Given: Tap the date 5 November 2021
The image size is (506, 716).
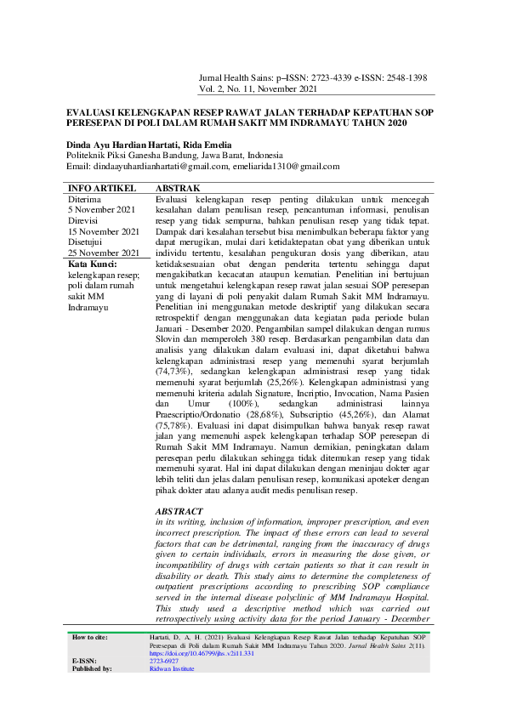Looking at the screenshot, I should (x=101, y=209).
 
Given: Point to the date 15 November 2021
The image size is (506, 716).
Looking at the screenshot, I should (x=104, y=231).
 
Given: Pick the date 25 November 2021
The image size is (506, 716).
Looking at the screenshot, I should (x=104, y=253).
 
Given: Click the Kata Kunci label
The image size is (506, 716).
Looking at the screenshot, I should (x=93, y=264).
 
